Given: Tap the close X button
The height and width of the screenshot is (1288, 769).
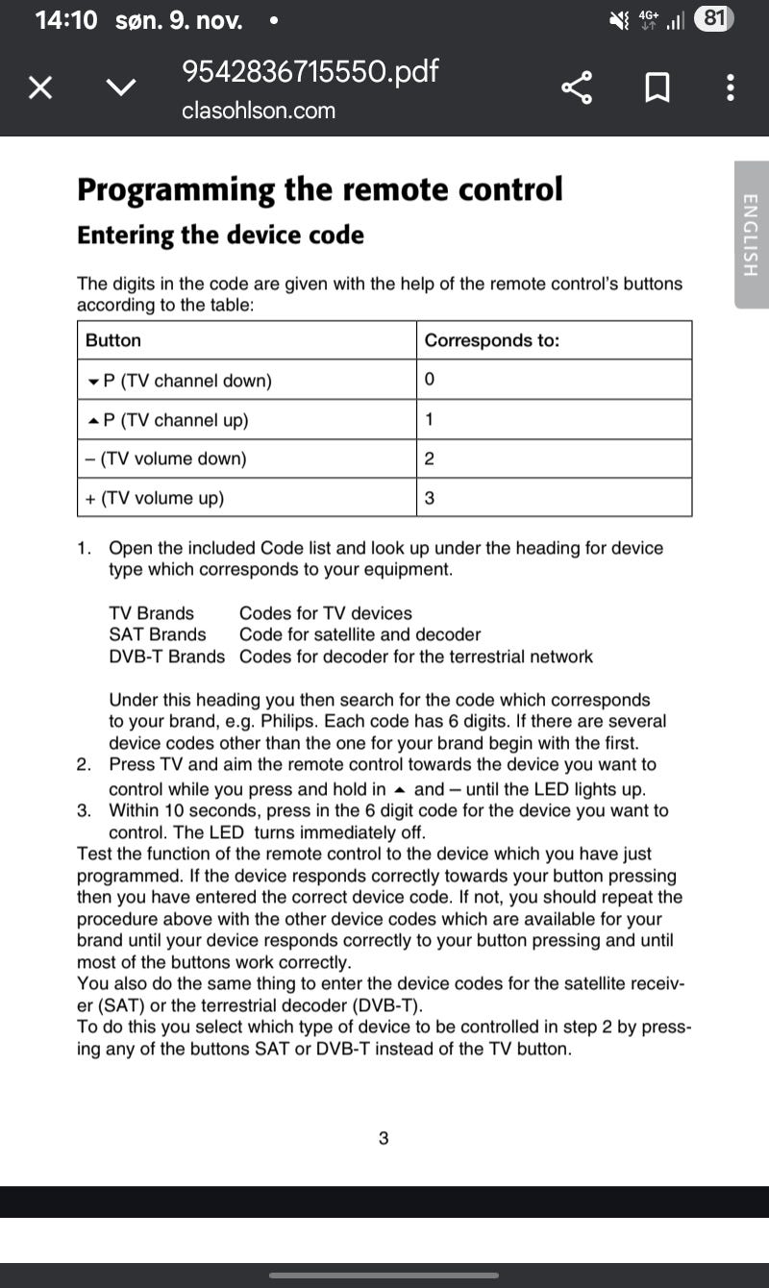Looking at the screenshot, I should pyautogui.click(x=39, y=89).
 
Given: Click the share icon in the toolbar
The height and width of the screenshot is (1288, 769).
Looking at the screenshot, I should pyautogui.click(x=577, y=89).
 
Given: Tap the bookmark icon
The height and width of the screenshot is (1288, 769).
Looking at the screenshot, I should pyautogui.click(x=657, y=89).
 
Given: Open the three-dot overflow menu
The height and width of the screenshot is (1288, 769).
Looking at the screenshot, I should pyautogui.click(x=731, y=89).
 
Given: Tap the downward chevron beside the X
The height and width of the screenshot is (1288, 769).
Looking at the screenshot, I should pyautogui.click(x=120, y=89).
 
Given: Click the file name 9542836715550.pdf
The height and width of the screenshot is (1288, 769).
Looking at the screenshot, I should pyautogui.click(x=310, y=71).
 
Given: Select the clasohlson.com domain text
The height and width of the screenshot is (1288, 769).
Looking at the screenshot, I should pyautogui.click(x=259, y=111).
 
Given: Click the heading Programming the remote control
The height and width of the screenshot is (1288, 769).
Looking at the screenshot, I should pyautogui.click(x=319, y=189).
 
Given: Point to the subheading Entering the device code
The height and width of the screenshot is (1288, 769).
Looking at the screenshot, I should pyautogui.click(x=220, y=235).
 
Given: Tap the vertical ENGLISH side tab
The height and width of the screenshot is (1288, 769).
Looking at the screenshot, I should pyautogui.click(x=751, y=235).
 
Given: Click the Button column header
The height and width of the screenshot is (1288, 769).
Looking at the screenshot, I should pyautogui.click(x=113, y=340).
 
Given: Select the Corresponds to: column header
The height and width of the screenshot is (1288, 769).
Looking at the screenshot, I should pyautogui.click(x=491, y=340).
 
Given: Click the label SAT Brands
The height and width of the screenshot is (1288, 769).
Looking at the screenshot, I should pyautogui.click(x=158, y=634).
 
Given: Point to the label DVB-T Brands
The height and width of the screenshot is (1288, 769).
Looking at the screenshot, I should pyautogui.click(x=167, y=656).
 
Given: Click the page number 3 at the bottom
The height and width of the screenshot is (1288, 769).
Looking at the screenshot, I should pyautogui.click(x=384, y=1139).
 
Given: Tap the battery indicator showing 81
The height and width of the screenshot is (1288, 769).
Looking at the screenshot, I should pyautogui.click(x=714, y=18).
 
